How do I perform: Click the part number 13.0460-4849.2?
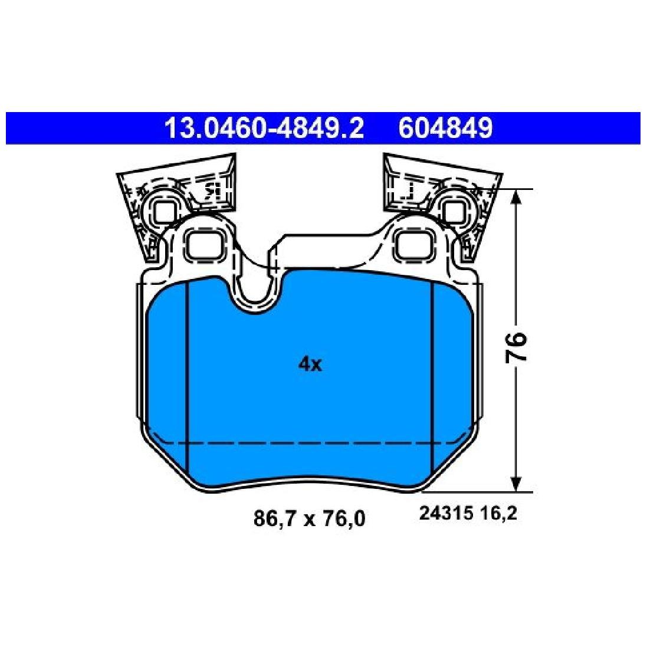pyautogui.click(x=264, y=129)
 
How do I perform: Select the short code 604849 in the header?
pyautogui.click(x=445, y=129)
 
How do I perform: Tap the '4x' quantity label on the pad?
pyautogui.click(x=310, y=364)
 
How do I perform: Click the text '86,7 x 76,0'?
pyautogui.click(x=309, y=518)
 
